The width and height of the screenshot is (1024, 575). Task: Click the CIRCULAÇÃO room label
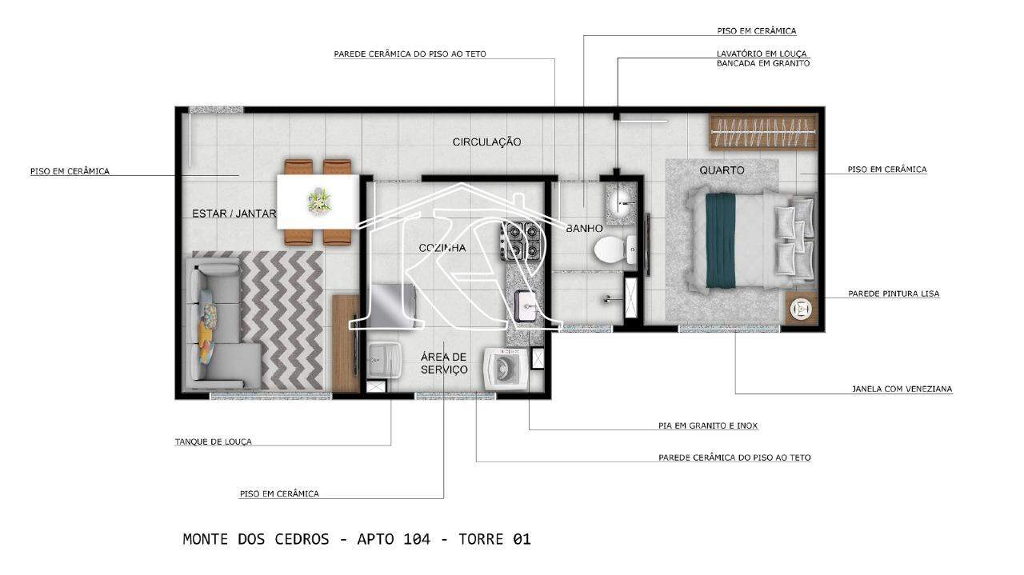486,142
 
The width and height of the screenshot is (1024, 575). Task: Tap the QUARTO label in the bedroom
722,170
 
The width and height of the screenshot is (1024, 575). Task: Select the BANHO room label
584,228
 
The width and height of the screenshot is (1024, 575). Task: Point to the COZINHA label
442,248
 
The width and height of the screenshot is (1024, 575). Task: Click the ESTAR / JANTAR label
234,214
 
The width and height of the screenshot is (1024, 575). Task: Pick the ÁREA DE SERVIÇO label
444,363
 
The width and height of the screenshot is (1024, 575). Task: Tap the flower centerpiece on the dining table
319,201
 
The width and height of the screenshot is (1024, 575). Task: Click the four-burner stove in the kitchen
521,241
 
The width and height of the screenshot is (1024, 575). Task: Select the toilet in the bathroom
615,250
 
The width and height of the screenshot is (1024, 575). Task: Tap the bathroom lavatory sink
621,200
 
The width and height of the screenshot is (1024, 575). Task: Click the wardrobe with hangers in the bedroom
763,132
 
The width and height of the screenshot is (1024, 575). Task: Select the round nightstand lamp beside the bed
802,309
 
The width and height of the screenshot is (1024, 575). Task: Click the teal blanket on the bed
721,241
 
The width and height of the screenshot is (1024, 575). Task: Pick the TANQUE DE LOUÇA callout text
214,442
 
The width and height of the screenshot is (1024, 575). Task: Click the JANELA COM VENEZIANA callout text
902,389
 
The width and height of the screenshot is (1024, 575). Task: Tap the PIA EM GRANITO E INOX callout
708,425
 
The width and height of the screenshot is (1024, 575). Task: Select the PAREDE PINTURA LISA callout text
894,294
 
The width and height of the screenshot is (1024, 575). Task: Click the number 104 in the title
417,539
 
